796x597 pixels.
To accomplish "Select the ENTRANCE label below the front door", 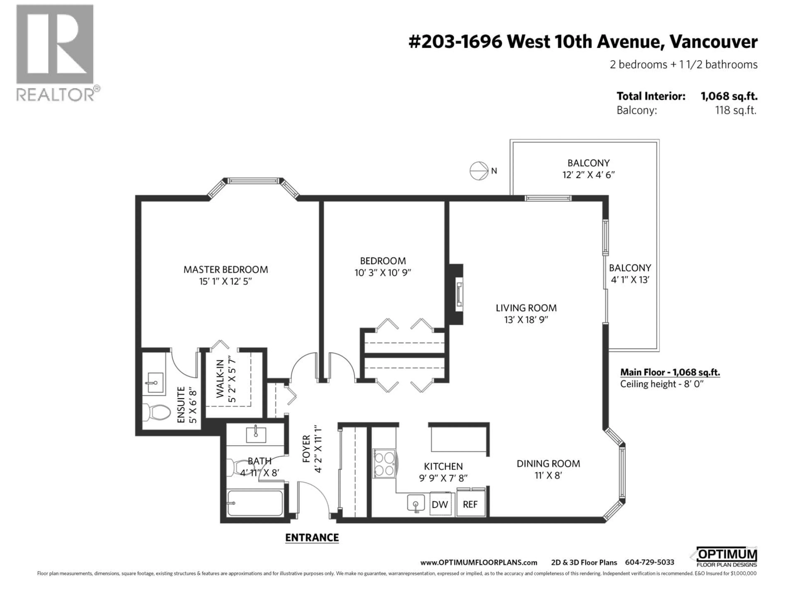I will tap(312, 538).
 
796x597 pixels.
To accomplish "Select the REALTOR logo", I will tap(56, 52).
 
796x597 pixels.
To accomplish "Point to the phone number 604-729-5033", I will tap(649, 562).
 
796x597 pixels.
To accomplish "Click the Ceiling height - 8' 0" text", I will tap(661, 384).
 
